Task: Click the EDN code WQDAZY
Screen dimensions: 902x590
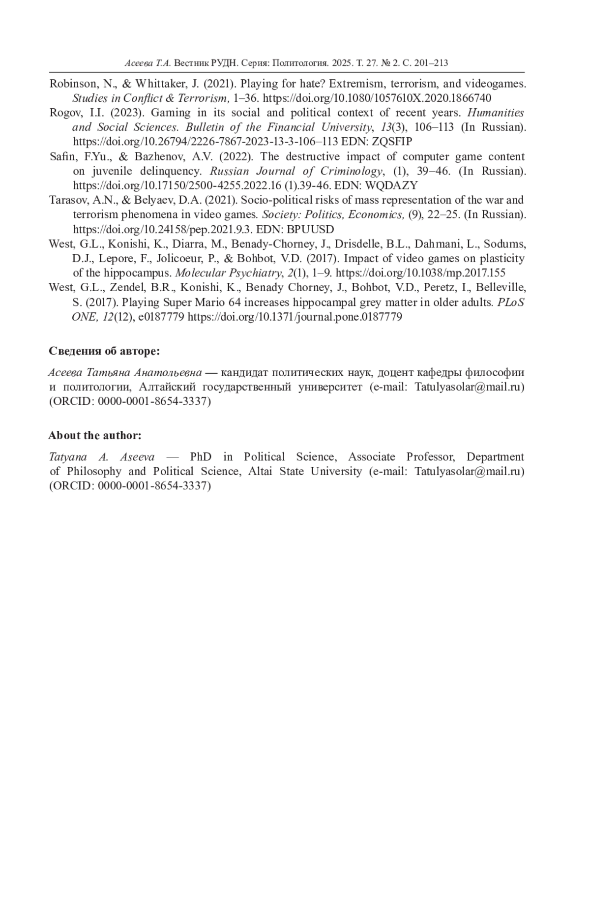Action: tap(391, 185)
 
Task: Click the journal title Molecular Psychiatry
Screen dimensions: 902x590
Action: tap(228, 273)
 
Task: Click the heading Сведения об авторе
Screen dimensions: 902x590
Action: tap(104, 351)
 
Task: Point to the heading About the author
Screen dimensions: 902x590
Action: tap(95, 435)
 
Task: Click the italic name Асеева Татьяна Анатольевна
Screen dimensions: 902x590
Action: tap(125, 372)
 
